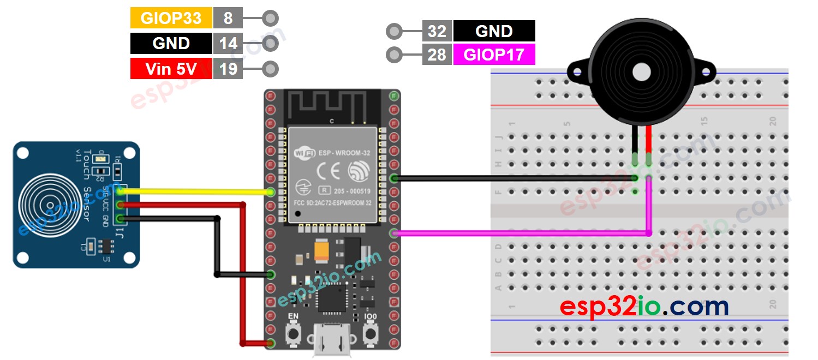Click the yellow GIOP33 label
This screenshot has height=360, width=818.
[171, 19]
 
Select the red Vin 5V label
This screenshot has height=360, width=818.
[171, 69]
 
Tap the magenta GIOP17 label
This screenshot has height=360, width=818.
[494, 55]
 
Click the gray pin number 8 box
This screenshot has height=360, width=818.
[228, 19]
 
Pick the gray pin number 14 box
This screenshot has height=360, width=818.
[228, 44]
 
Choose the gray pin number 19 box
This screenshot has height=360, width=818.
[228, 69]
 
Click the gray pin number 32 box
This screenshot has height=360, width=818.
[437, 31]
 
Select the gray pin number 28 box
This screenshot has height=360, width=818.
[437, 55]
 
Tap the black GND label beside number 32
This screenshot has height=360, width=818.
[494, 31]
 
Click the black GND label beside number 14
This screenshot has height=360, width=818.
[171, 44]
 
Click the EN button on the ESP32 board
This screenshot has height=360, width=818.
[294, 332]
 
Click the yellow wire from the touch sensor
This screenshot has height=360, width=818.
[196, 191]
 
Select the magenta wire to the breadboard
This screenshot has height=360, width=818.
[518, 233]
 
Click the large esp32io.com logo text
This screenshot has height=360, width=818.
[644, 307]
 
